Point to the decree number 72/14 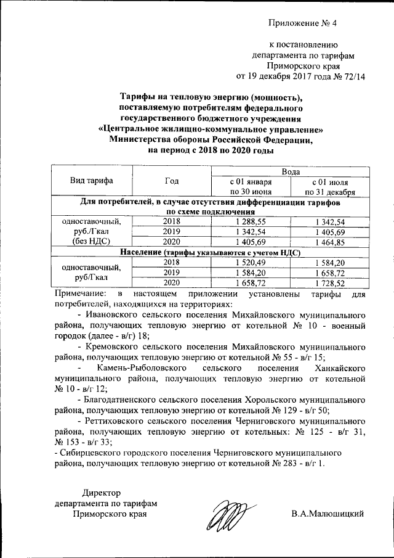pos(353,77)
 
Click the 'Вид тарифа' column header pos(91,181)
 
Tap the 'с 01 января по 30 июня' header pos(250,186)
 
